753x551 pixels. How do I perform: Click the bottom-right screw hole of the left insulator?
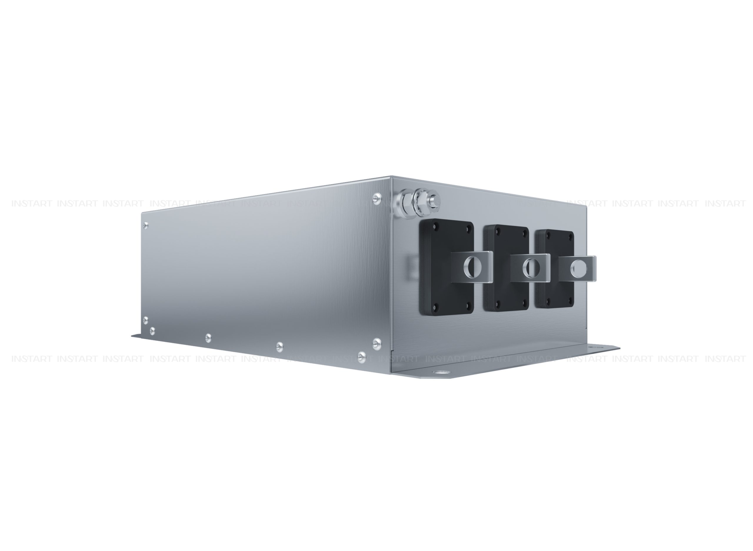pos(467,305)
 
